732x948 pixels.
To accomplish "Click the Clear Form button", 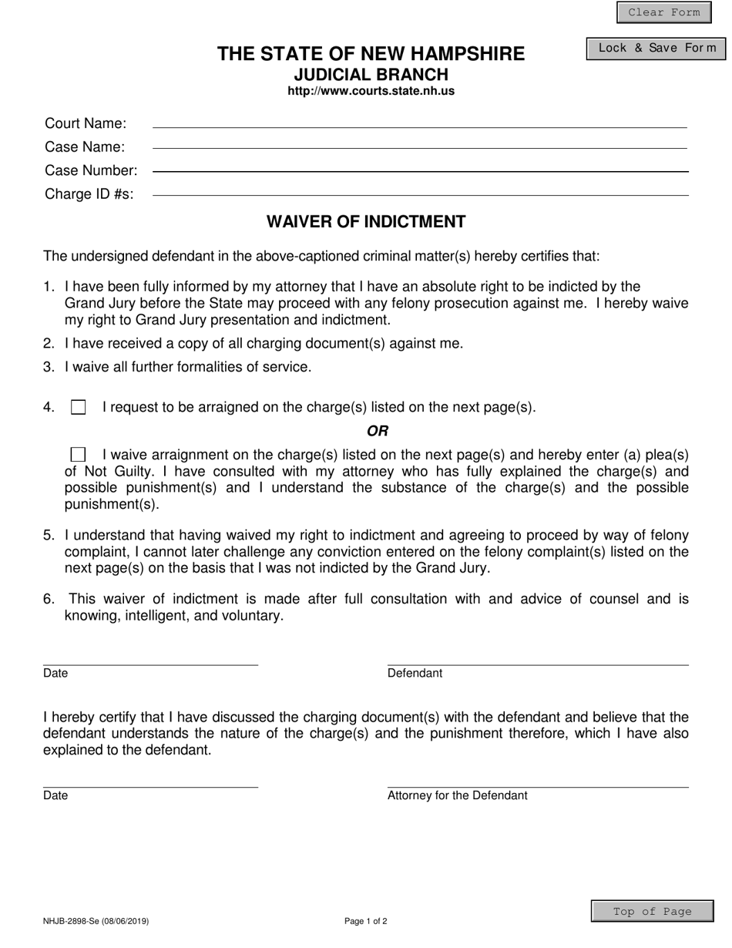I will click(663, 12).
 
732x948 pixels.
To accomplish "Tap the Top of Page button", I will click(652, 912).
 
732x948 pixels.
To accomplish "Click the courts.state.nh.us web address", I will click(371, 91).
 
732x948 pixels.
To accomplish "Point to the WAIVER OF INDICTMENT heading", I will click(366, 222).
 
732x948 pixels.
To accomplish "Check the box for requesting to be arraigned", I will click(79, 408).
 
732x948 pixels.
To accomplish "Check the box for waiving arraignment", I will click(78, 455).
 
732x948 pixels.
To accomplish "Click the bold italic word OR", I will click(378, 431).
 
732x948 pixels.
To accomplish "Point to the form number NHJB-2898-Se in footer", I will click(96, 921).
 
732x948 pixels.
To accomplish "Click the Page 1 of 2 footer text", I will click(366, 921).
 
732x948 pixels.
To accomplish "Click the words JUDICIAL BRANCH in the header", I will click(371, 75).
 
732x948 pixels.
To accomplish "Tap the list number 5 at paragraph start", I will click(49, 536).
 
